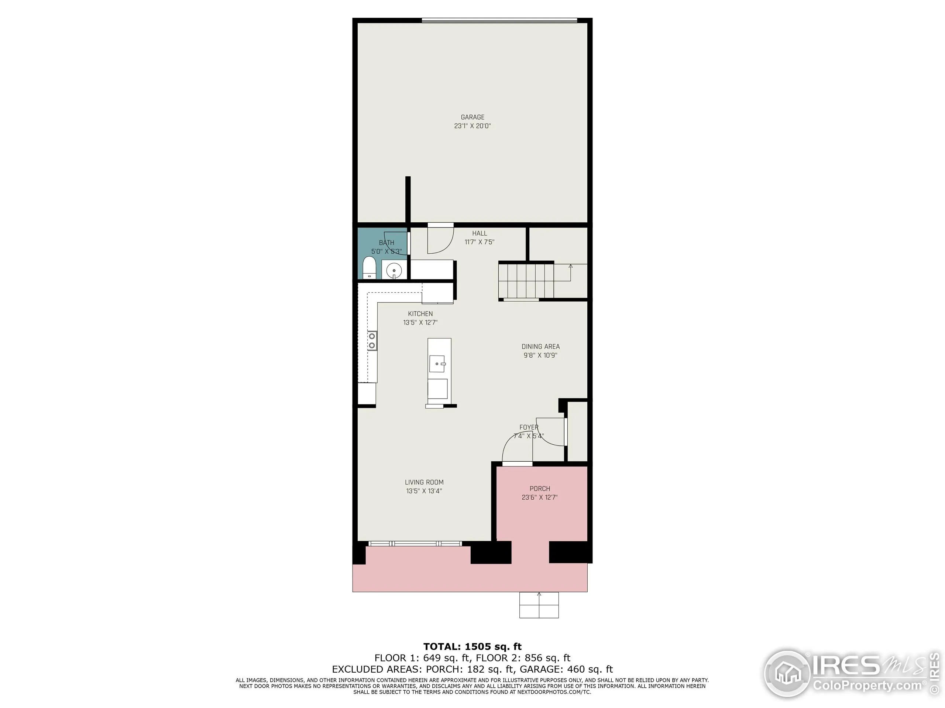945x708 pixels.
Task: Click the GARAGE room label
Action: pyautogui.click(x=472, y=117)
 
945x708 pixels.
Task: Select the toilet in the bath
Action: pyautogui.click(x=369, y=268)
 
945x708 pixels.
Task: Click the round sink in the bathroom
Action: pyautogui.click(x=394, y=271)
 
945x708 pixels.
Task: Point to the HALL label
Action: pyautogui.click(x=480, y=233)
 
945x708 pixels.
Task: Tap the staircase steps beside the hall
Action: pyautogui.click(x=526, y=280)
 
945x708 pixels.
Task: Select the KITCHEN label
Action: pyautogui.click(x=420, y=314)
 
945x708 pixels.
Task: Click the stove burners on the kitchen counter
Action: pyautogui.click(x=372, y=341)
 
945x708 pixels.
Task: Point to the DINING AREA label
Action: pyautogui.click(x=540, y=347)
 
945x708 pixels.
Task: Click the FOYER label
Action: pyautogui.click(x=529, y=427)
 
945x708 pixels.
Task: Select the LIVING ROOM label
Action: pyautogui.click(x=424, y=482)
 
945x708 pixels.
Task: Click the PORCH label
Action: pyautogui.click(x=540, y=489)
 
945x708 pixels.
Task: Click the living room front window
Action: pyautogui.click(x=415, y=544)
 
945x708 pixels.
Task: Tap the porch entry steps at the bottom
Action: pyautogui.click(x=539, y=605)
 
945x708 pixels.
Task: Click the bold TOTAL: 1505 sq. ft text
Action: pyautogui.click(x=472, y=646)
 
